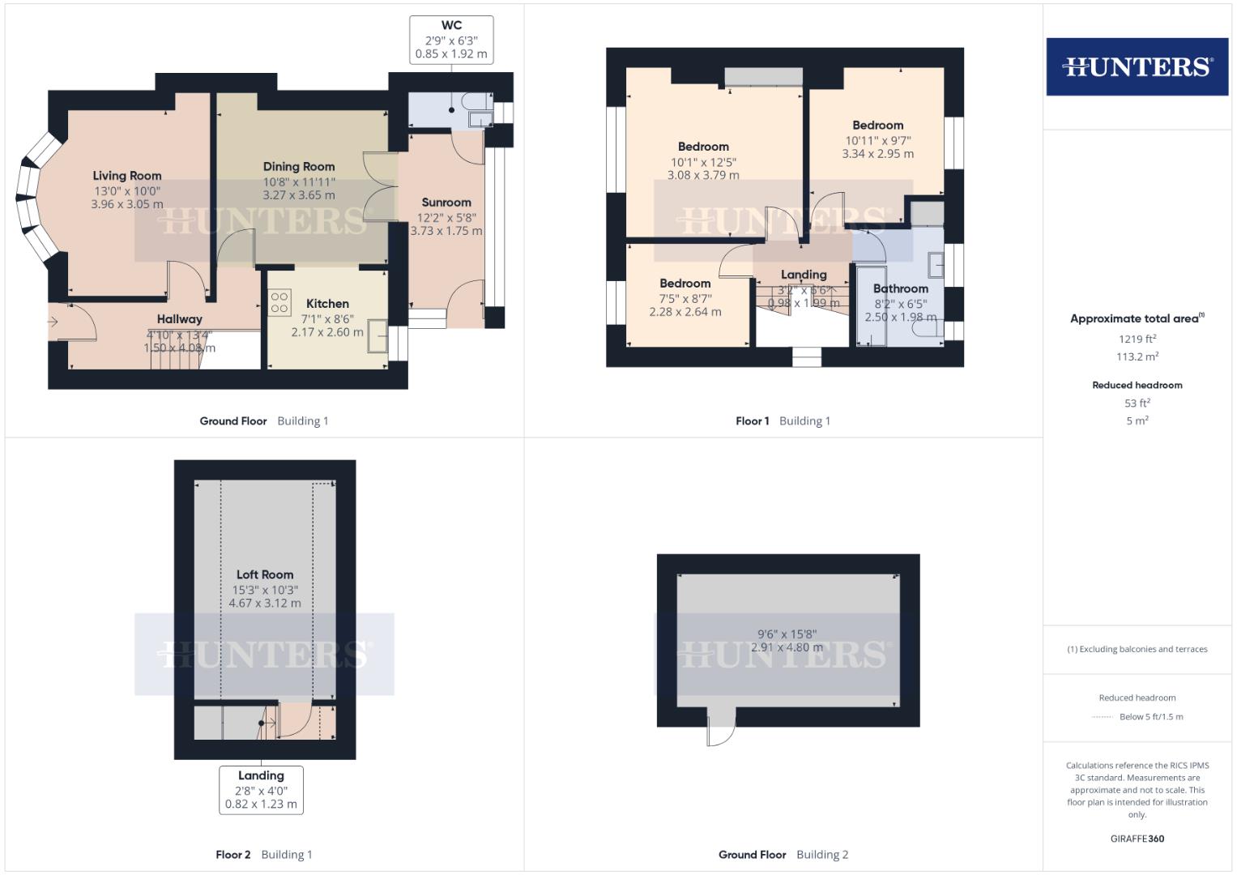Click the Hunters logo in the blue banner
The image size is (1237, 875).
pos(1137,66)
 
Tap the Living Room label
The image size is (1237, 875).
pos(126,176)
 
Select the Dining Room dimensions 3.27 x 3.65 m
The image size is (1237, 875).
pos(298,195)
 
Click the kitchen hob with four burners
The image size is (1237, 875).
pos(279,303)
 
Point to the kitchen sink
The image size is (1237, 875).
pos(377,336)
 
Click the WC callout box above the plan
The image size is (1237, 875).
pos(451,40)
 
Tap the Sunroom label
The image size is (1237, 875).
pos(446,203)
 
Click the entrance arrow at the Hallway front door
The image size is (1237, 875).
pos(53,322)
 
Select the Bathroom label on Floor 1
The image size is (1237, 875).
pos(900,288)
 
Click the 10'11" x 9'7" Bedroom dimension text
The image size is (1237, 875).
pos(877,140)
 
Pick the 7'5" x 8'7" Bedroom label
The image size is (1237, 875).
pos(685,284)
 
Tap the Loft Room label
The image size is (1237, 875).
pos(265,574)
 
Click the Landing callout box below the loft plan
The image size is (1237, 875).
pos(261,790)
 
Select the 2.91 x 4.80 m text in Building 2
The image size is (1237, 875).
pos(787,647)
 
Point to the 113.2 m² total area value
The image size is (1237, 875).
pos(1137,356)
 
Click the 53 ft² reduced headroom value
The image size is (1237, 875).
pos(1137,403)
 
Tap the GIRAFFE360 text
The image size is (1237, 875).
pos(1137,839)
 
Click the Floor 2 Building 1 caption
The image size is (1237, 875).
pos(263,854)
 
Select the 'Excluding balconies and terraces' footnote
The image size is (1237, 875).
pos(1137,649)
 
